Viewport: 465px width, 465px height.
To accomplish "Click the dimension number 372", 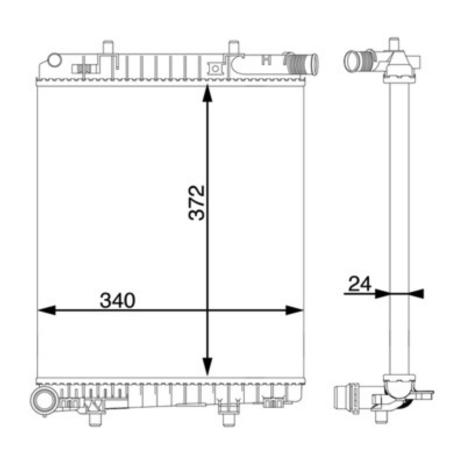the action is pos(196,202).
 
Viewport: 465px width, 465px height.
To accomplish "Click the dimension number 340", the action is pos(117,300).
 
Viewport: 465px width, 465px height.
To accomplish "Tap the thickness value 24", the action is pos(360,284).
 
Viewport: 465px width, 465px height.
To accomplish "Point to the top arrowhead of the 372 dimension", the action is pos(208,94).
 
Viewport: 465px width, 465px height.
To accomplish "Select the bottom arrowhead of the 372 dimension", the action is pos(208,367).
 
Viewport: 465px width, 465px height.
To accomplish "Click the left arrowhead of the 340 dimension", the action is pos(47,310).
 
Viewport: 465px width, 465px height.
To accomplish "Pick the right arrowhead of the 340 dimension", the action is pos(294,310).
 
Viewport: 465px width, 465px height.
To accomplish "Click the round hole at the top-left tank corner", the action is pos(55,60).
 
